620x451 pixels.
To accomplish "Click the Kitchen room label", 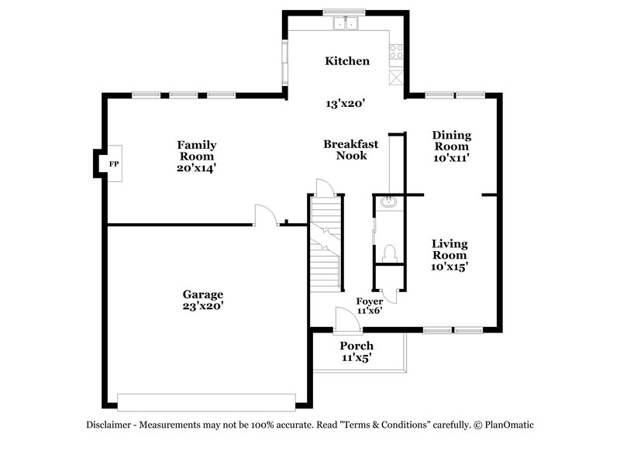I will click(346, 61).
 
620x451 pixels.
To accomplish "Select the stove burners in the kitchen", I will click(397, 52).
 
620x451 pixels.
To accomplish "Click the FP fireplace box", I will click(113, 164).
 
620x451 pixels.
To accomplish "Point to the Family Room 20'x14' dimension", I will click(196, 167).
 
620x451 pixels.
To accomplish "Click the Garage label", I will click(202, 294).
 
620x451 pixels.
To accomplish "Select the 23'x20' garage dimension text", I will click(202, 306).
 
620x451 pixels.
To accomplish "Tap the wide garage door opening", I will click(206, 401).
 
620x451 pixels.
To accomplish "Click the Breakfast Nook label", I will click(350, 150).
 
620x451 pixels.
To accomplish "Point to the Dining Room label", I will click(451, 140).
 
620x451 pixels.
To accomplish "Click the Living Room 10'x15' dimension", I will click(449, 267).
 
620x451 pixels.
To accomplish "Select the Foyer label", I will click(369, 301).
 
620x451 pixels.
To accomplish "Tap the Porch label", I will click(356, 346).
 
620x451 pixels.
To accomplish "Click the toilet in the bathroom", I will click(390, 253).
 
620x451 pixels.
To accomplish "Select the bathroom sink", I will click(389, 203).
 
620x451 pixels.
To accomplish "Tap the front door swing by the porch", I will click(343, 318).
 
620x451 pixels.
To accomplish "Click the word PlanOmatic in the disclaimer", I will click(509, 425).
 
